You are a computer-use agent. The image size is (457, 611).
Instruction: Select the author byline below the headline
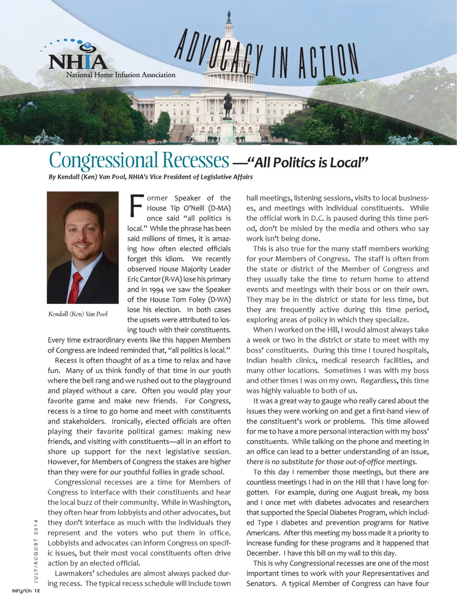pyautogui.click(x=150, y=177)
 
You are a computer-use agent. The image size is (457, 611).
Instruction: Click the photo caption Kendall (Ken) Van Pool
pyautogui.click(x=78, y=314)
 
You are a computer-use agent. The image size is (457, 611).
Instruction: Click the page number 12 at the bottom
pyautogui.click(x=37, y=591)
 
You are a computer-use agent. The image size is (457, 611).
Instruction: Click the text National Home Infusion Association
pyautogui.click(x=120, y=75)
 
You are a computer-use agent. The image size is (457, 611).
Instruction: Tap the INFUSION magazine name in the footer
pyautogui.click(x=22, y=591)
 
